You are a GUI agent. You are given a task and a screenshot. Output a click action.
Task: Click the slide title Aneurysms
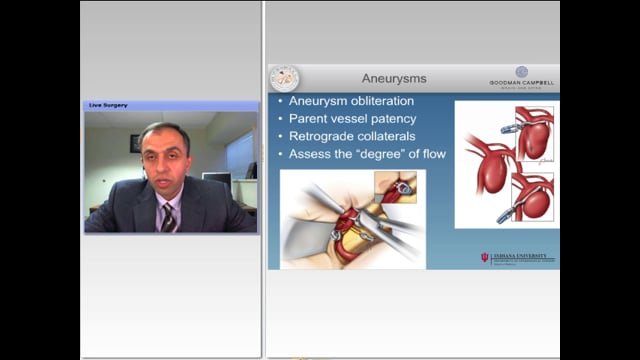point(393,78)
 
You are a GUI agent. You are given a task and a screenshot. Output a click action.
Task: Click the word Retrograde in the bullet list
point(325,137)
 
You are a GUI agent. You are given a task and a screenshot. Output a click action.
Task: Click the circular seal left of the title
point(284,79)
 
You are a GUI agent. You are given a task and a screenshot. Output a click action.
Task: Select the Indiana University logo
point(518,258)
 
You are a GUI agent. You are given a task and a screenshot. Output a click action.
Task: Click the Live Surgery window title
point(109,105)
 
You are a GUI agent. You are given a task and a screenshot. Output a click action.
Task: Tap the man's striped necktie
point(169,217)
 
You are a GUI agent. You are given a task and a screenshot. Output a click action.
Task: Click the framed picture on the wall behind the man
point(135,143)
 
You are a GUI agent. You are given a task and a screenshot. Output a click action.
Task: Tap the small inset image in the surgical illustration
point(396,185)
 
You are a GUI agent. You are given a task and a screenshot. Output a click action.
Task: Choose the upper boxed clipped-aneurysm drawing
point(533,134)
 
